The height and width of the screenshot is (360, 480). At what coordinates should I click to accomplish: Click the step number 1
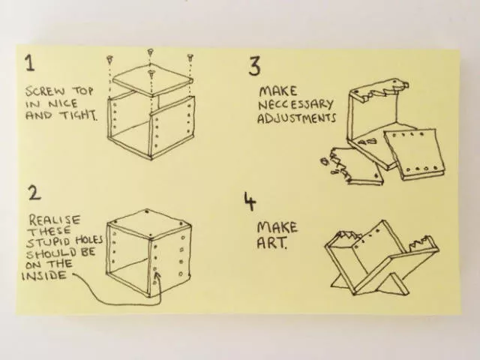pos(30,63)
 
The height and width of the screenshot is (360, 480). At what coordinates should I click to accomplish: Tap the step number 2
pos(34,193)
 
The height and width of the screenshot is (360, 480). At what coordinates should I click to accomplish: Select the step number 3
pos(254,67)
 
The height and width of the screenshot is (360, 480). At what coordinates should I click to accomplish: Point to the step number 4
pos(250,201)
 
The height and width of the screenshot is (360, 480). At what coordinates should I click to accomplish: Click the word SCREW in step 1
pos(45,91)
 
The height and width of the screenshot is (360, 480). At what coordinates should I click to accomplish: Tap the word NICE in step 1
pos(63,103)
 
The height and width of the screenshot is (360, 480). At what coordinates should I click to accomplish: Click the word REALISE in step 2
pos(55,220)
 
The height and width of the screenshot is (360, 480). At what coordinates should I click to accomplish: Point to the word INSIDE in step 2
pos(44,276)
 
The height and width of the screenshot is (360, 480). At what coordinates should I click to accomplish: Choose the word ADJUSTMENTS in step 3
pos(296,118)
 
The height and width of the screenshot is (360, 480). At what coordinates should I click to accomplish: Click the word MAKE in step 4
pos(277,227)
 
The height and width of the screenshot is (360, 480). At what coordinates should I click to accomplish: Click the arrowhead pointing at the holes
pos(157,277)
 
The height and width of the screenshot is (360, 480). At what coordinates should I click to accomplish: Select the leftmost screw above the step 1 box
pos(109,59)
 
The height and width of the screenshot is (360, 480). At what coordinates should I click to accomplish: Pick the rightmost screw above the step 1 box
pos(190,57)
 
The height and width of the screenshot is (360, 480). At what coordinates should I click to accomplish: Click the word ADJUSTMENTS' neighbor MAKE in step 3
pos(278,91)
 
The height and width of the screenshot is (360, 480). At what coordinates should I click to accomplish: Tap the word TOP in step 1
pos(82,91)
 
